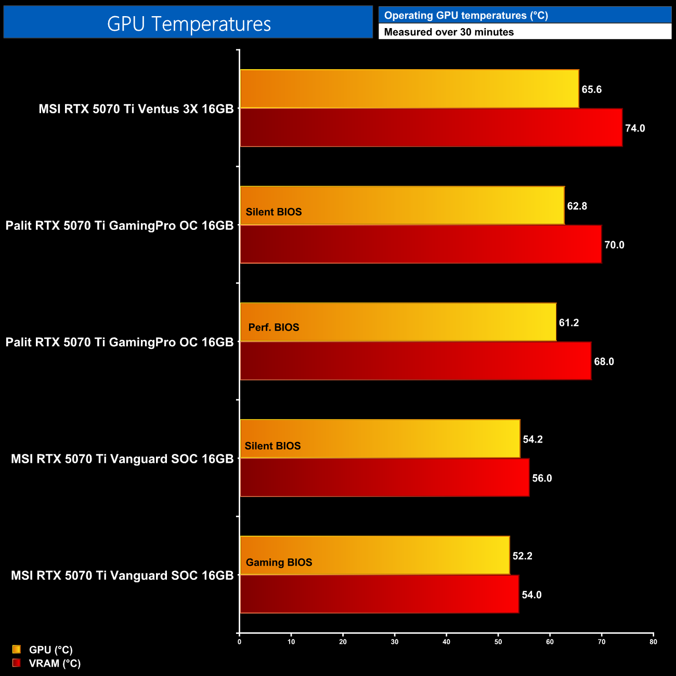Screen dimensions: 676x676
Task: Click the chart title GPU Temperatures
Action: (189, 24)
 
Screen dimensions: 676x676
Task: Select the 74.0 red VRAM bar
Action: (431, 128)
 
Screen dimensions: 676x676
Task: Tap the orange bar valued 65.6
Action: (409, 89)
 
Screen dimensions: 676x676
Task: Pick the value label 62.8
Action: (577, 206)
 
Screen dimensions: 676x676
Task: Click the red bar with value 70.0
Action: (420, 244)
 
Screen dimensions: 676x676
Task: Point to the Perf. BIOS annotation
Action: (274, 328)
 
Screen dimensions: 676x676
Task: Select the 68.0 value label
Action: (604, 361)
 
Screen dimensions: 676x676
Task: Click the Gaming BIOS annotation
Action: (279, 563)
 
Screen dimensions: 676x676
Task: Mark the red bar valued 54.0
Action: (379, 594)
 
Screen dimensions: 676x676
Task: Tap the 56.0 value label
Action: (542, 478)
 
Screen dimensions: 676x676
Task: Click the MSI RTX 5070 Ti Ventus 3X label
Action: (136, 109)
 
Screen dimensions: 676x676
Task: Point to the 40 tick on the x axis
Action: (446, 642)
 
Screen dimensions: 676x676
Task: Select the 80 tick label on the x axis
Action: (653, 642)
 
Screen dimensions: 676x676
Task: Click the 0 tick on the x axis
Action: (239, 642)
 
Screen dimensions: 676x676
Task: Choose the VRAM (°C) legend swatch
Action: (17, 663)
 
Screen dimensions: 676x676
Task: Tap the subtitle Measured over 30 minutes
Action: (449, 32)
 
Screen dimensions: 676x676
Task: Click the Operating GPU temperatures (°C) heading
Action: (466, 16)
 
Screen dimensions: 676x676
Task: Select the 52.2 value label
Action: (522, 556)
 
